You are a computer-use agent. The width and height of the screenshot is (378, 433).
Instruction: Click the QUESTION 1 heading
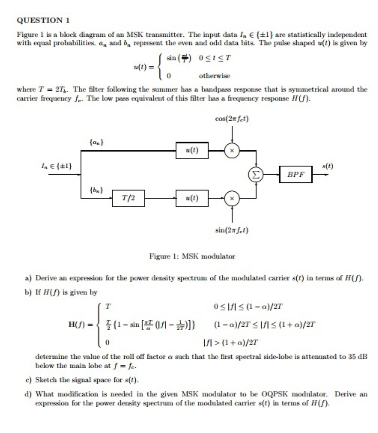tap(43, 20)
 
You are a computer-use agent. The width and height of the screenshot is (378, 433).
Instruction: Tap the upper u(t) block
tap(192, 151)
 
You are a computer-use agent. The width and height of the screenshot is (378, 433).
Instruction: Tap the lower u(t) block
tap(192, 198)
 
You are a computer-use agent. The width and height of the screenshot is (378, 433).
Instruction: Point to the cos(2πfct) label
tap(232, 119)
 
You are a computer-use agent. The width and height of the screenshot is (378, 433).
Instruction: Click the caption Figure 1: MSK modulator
tap(192, 256)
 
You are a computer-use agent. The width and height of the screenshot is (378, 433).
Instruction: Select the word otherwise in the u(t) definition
tap(215, 76)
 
